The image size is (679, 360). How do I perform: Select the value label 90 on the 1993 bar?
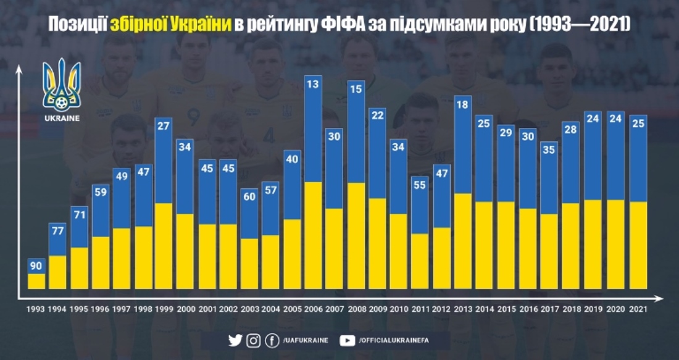click(36, 266)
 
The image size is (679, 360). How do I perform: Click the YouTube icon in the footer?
click(348, 340)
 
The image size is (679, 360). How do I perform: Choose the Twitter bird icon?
click(235, 340)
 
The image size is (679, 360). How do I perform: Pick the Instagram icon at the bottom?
click(253, 340)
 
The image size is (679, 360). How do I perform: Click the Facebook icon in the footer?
click(272, 340)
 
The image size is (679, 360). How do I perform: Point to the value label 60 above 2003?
click(249, 197)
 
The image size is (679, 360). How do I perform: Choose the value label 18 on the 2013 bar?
click(464, 105)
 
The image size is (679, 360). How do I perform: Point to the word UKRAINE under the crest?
click(62, 118)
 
